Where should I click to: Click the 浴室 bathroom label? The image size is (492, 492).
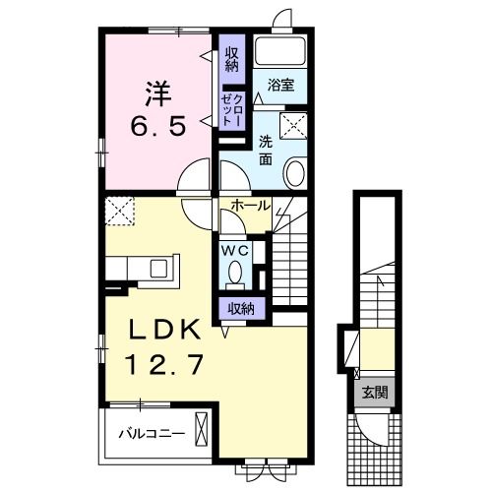[x=280, y=86]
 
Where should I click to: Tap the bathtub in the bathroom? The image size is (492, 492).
[x=280, y=51]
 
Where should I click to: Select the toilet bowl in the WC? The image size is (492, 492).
[x=235, y=273]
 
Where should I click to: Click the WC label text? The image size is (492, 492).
[x=235, y=251]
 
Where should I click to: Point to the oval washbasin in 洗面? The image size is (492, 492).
[x=295, y=172]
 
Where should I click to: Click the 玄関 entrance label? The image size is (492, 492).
[x=375, y=393]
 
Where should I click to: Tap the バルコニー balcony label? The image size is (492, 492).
[x=152, y=434]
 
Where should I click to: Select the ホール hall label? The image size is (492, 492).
[x=251, y=206]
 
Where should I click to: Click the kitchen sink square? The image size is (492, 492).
[x=158, y=269]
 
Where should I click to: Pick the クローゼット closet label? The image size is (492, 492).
[x=232, y=110]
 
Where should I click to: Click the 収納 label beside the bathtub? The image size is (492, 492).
[x=232, y=60]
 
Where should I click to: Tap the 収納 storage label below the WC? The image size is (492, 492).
[x=241, y=308]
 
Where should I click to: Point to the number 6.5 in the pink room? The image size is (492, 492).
[x=158, y=126]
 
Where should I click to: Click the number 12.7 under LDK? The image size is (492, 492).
[x=164, y=364]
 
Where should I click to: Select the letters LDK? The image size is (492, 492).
[x=164, y=329]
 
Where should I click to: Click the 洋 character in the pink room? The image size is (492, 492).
[x=158, y=93]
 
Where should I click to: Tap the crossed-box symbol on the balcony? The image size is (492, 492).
[x=202, y=429]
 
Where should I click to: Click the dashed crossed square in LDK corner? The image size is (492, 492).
[x=120, y=211]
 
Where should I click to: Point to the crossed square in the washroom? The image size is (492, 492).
[x=293, y=126]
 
